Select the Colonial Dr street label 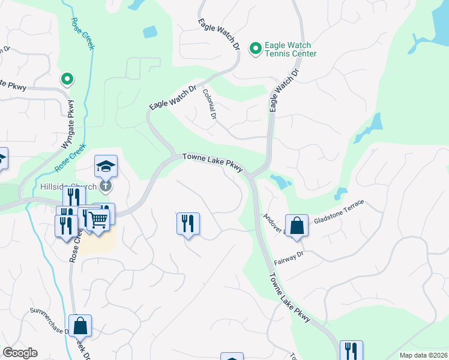tap(209, 104)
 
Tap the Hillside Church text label tap(68, 187)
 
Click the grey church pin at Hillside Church tap(106, 186)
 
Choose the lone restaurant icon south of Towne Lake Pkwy tap(188, 223)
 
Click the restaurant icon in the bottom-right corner tap(351, 350)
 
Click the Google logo tap(20, 353)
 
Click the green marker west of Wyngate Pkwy tap(68, 79)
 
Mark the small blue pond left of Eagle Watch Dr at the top tap(149, 32)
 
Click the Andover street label tap(273, 225)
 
